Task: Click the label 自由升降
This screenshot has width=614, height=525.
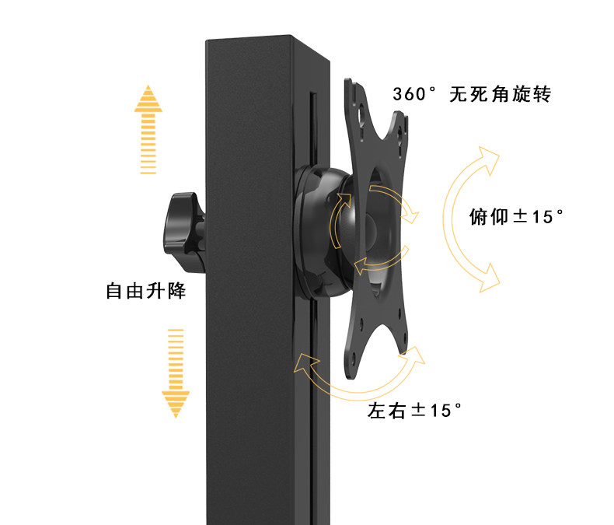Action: (145, 292)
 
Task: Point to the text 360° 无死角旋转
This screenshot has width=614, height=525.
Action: (472, 95)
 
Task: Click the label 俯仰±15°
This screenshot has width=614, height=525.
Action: (516, 216)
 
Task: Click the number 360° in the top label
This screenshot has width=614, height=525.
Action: (415, 95)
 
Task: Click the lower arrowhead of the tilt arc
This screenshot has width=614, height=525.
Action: (487, 278)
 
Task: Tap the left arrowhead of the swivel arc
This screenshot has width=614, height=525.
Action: (305, 363)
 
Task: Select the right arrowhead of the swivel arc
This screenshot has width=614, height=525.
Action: (416, 355)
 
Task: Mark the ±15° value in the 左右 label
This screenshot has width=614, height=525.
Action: (437, 410)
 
